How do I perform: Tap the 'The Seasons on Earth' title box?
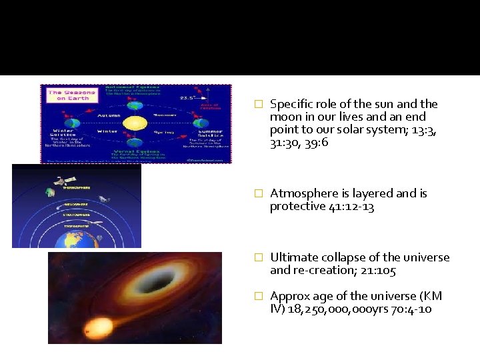click(x=63, y=95)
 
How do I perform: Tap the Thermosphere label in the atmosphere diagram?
click(x=75, y=187)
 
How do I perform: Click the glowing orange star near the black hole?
click(x=98, y=327)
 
